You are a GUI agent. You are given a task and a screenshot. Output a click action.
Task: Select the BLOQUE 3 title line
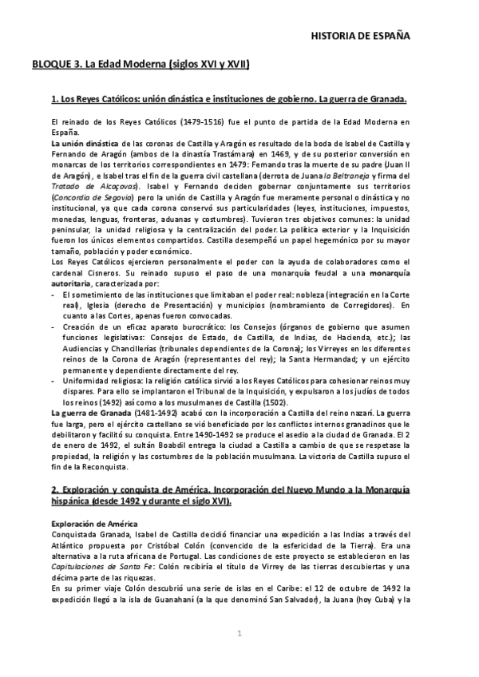(141, 65)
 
